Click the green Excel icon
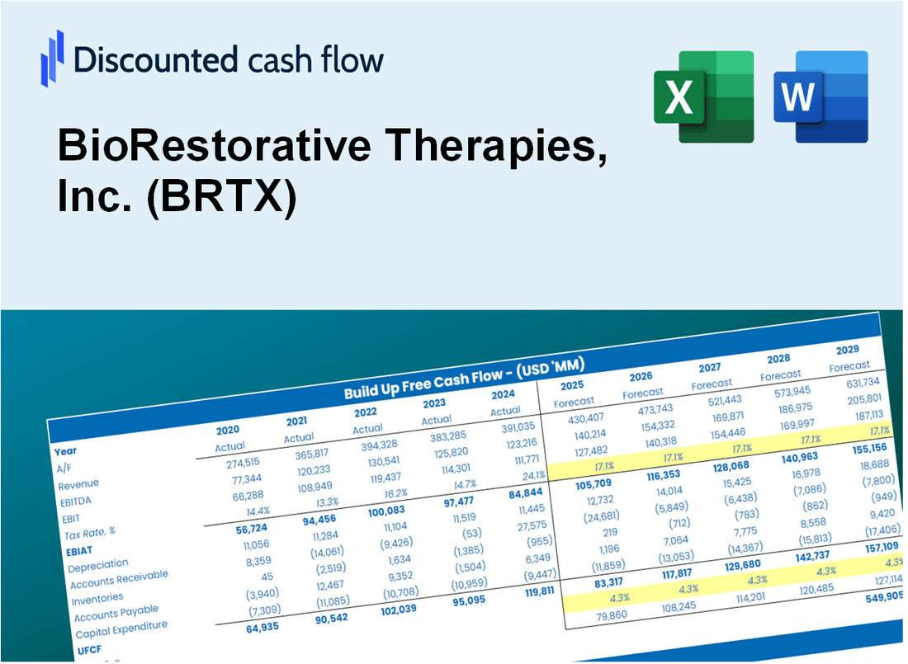(703, 97)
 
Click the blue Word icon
(821, 97)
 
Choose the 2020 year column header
(228, 431)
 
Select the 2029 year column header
(848, 350)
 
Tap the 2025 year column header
(572, 386)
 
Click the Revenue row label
(78, 483)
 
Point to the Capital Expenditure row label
(121, 629)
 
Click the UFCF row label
(89, 650)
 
